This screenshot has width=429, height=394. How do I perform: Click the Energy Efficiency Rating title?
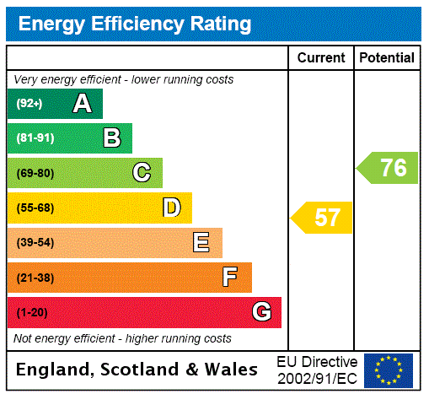pos(135,24)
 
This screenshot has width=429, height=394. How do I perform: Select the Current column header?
pos(321,58)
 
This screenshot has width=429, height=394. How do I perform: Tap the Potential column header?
pos(387,58)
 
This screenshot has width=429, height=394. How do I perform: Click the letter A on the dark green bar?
pos(82,104)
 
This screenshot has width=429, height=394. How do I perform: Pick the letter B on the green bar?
pos(111,138)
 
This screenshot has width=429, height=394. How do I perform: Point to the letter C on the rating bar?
pos(142,173)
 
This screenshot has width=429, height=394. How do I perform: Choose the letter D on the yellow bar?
pos(172,208)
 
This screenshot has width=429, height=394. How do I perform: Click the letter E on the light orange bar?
pos(201,243)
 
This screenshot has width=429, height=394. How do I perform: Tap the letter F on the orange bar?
pos(230,277)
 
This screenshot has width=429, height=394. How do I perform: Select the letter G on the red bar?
pos(262,312)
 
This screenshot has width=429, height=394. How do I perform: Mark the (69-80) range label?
pos(35,174)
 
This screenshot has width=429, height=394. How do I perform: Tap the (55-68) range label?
pos(35,208)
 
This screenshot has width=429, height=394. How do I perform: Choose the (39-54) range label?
pos(35,243)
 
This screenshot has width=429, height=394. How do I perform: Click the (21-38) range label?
pos(35,278)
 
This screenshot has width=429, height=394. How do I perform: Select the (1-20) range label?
pos(32,313)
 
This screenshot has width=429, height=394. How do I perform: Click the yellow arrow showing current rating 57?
pos(323,218)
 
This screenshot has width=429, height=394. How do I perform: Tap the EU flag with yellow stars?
pos(389,370)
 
